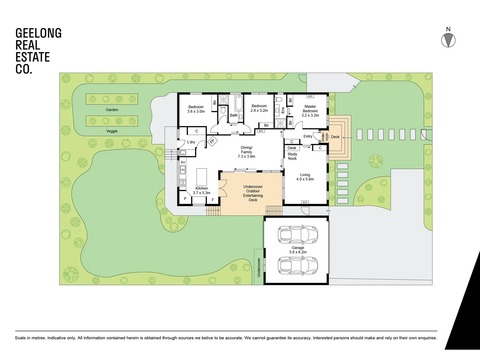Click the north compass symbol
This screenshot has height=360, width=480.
tap(448, 40)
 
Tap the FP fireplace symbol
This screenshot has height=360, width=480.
tap(212, 141)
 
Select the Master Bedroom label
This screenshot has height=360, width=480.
tap(310, 111)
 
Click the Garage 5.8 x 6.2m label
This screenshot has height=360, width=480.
tap(298, 250)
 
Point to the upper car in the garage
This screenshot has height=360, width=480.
tap(298, 234)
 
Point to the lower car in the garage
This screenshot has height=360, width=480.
tap(298, 265)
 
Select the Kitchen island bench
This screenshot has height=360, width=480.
tap(201, 177)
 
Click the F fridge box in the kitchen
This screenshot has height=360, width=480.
tap(213, 200)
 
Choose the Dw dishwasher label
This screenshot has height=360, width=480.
tap(183, 162)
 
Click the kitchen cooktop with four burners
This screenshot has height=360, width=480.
tap(183, 182)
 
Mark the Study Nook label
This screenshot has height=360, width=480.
tap(292, 156)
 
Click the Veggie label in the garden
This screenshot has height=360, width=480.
tap(112, 131)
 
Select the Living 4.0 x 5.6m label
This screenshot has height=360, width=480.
tap(305, 177)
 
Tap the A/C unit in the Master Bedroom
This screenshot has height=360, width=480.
tap(310, 96)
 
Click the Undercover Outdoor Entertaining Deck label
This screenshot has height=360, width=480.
tap(253, 193)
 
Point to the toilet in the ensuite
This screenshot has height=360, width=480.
tap(279, 99)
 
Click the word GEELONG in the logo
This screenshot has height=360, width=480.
tap(39, 33)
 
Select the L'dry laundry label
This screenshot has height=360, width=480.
tap(191, 142)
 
